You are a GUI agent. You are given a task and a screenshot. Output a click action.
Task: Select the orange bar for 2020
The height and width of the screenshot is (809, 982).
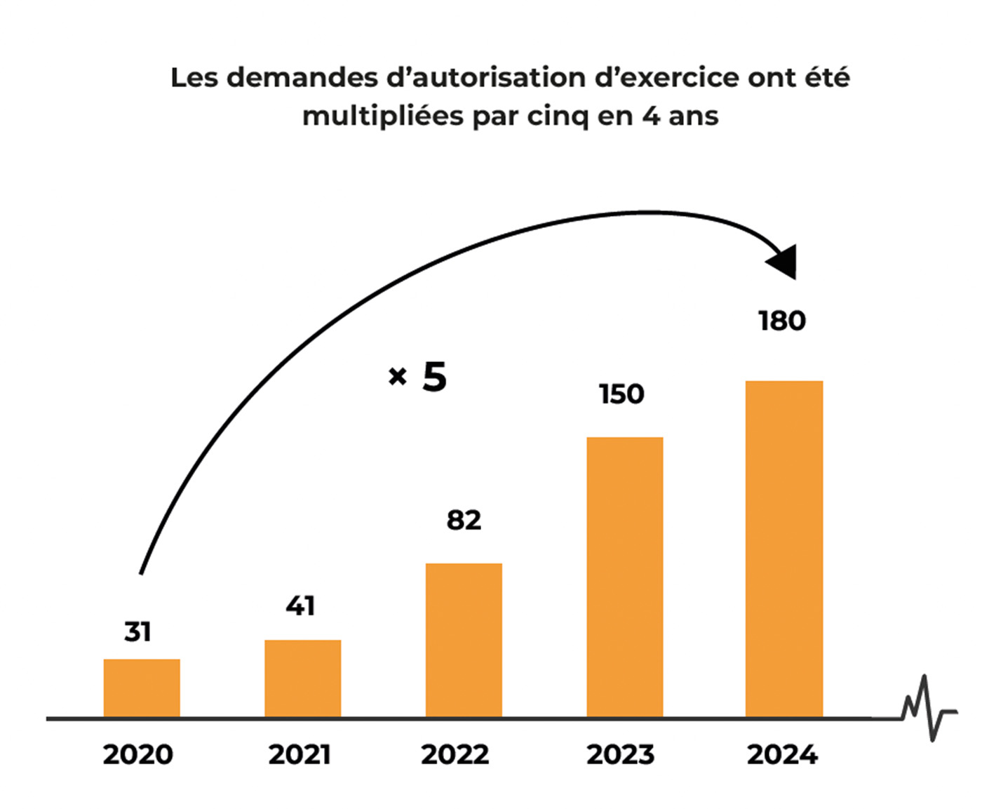coord(142,688)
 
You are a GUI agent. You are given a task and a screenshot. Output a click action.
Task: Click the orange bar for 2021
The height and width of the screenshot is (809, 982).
coord(302,678)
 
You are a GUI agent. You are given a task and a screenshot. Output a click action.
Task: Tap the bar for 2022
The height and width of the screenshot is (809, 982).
coord(464,640)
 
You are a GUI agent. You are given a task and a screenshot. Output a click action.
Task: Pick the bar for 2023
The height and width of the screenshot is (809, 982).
coord(624,577)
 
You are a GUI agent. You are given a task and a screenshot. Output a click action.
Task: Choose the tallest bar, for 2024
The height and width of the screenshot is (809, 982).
coord(783,549)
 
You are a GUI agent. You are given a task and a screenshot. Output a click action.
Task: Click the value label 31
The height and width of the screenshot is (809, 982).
coord(137,632)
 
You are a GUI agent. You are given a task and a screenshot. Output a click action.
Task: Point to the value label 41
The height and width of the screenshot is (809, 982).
coord(300,606)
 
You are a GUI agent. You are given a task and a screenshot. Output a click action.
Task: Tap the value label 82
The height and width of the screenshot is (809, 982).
coord(464,521)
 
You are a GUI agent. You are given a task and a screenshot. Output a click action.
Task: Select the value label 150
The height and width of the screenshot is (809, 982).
coord(621,394)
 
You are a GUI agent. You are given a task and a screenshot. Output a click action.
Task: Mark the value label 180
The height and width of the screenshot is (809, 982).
coord(782,321)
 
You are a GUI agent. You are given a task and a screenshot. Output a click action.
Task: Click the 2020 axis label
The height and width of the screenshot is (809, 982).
coord(137,755)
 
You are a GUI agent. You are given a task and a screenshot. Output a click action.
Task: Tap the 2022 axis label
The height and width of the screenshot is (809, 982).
coord(455,755)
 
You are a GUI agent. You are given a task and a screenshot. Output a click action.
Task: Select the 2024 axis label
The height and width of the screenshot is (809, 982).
coord(782,755)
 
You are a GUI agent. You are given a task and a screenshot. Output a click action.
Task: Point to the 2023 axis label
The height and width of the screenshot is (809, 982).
coord(620,755)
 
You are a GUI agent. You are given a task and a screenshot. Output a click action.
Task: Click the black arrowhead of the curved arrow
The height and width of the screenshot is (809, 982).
coord(785,262)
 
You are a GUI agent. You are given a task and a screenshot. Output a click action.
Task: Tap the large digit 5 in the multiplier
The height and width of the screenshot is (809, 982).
coord(434,377)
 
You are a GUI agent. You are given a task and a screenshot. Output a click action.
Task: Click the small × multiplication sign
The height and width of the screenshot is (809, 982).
coord(397,377)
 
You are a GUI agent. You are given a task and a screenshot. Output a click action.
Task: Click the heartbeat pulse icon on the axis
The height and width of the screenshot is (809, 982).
coord(928,709)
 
